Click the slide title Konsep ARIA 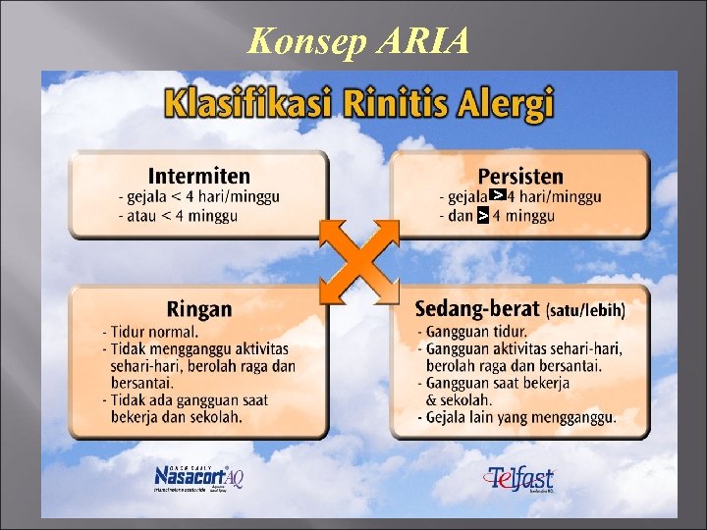[x=358, y=40]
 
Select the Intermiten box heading [x=198, y=176]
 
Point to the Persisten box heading [x=520, y=176]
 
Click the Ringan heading [x=199, y=309]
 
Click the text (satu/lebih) [x=585, y=311]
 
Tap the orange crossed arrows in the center [x=359, y=261]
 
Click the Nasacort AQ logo [x=199, y=476]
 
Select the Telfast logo [x=519, y=478]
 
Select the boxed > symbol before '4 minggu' [x=482, y=215]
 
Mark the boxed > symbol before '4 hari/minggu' [x=498, y=196]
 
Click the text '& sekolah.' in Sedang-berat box [x=462, y=400]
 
